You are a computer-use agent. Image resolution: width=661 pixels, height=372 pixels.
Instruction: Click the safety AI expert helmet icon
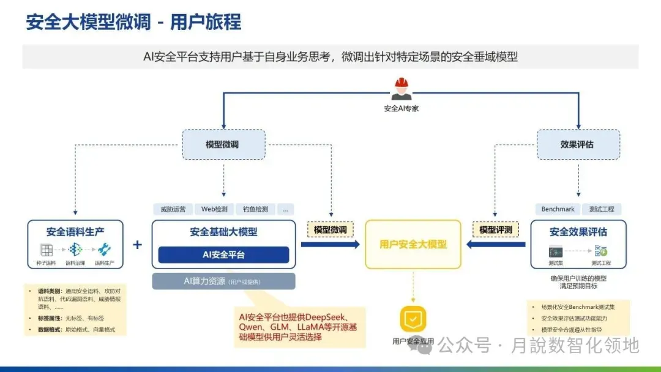(x=401, y=89)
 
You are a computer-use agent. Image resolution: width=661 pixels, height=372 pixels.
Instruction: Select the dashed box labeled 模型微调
(x=224, y=144)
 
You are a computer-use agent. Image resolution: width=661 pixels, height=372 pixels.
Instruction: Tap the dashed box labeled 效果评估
(x=578, y=144)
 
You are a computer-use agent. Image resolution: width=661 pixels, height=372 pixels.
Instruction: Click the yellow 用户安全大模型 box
(x=413, y=244)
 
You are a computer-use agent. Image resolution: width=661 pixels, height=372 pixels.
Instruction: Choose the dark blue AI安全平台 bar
(x=223, y=255)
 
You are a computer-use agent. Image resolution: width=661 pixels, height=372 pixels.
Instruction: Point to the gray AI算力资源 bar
(x=223, y=281)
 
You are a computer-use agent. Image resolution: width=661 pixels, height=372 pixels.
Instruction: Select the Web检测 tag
(x=214, y=209)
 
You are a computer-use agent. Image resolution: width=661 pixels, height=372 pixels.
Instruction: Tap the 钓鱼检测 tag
(x=255, y=209)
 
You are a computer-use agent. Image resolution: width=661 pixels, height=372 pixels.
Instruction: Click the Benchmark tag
(x=558, y=209)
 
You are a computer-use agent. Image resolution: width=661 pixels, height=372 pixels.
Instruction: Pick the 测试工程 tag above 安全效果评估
(x=601, y=209)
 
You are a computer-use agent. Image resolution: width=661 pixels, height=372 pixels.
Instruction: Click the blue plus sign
(x=138, y=245)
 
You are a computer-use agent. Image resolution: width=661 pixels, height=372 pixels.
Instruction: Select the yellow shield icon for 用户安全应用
(x=413, y=319)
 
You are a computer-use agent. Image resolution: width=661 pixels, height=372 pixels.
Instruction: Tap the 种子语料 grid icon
(x=47, y=250)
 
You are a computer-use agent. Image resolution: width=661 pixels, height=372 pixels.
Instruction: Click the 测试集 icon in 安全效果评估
(x=556, y=251)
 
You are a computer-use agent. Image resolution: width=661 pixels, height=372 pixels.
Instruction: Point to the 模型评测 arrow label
(x=496, y=230)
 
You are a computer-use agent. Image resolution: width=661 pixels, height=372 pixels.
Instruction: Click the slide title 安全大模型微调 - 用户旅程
(x=133, y=22)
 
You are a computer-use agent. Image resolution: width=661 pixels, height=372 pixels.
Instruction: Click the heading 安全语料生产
(x=75, y=232)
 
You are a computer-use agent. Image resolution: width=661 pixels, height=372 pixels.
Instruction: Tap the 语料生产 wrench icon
(x=104, y=250)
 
